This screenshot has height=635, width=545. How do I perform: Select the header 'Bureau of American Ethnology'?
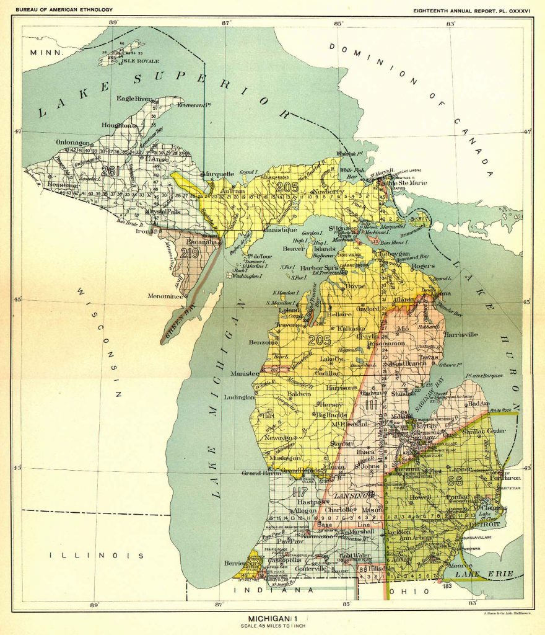(x=64, y=9)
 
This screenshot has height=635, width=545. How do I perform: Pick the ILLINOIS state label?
(x=98, y=556)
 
